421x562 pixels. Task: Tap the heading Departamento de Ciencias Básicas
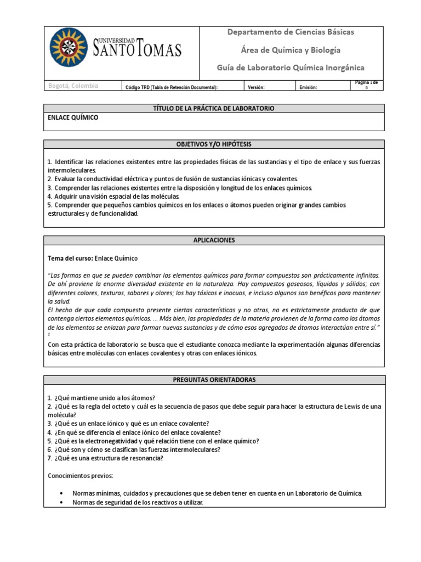click(291, 32)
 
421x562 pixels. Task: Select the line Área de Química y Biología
click(291, 50)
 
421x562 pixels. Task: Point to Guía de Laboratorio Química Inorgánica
click(291, 68)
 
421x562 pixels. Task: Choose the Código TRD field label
click(172, 87)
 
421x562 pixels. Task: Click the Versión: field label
click(256, 87)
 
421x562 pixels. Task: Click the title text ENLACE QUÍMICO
click(73, 118)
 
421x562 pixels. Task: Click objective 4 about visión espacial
click(113, 196)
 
